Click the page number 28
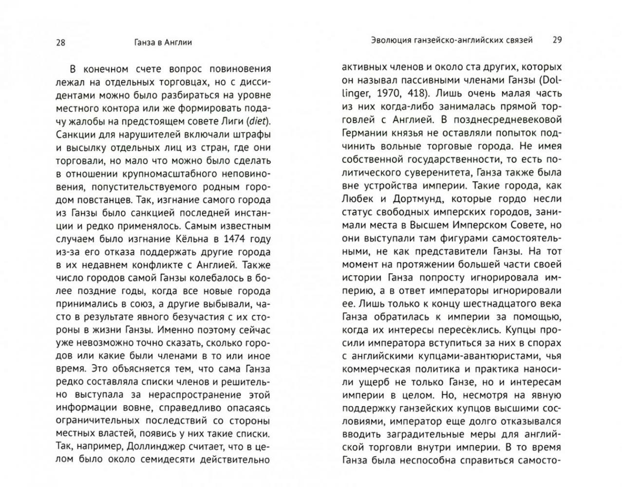tap(60, 42)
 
